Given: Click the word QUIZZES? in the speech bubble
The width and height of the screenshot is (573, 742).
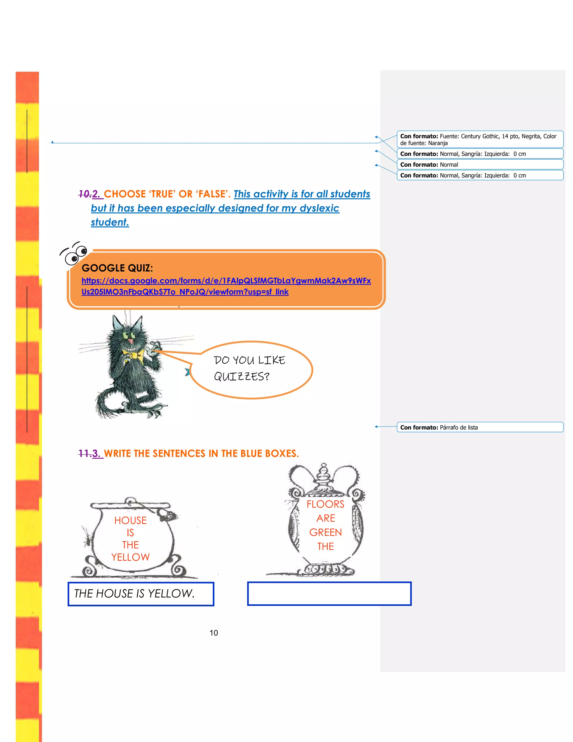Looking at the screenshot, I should coord(241,376).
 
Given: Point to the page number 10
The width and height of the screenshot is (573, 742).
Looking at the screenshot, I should coord(213,633).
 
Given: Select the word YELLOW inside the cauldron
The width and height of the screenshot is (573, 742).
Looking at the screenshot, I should coord(130,557).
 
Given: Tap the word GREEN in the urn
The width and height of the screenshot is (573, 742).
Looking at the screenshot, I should coord(325,532).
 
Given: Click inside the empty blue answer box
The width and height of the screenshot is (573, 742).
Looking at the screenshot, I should coord(329,594).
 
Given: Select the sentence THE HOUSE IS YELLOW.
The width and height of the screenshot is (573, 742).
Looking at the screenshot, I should coord(134,594).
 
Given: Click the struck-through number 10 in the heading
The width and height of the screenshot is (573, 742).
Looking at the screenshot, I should coord(84,194).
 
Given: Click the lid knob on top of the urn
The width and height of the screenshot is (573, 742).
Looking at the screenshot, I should coord(324,466).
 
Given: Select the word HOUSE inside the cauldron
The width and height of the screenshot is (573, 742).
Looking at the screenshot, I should coord(130,521).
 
